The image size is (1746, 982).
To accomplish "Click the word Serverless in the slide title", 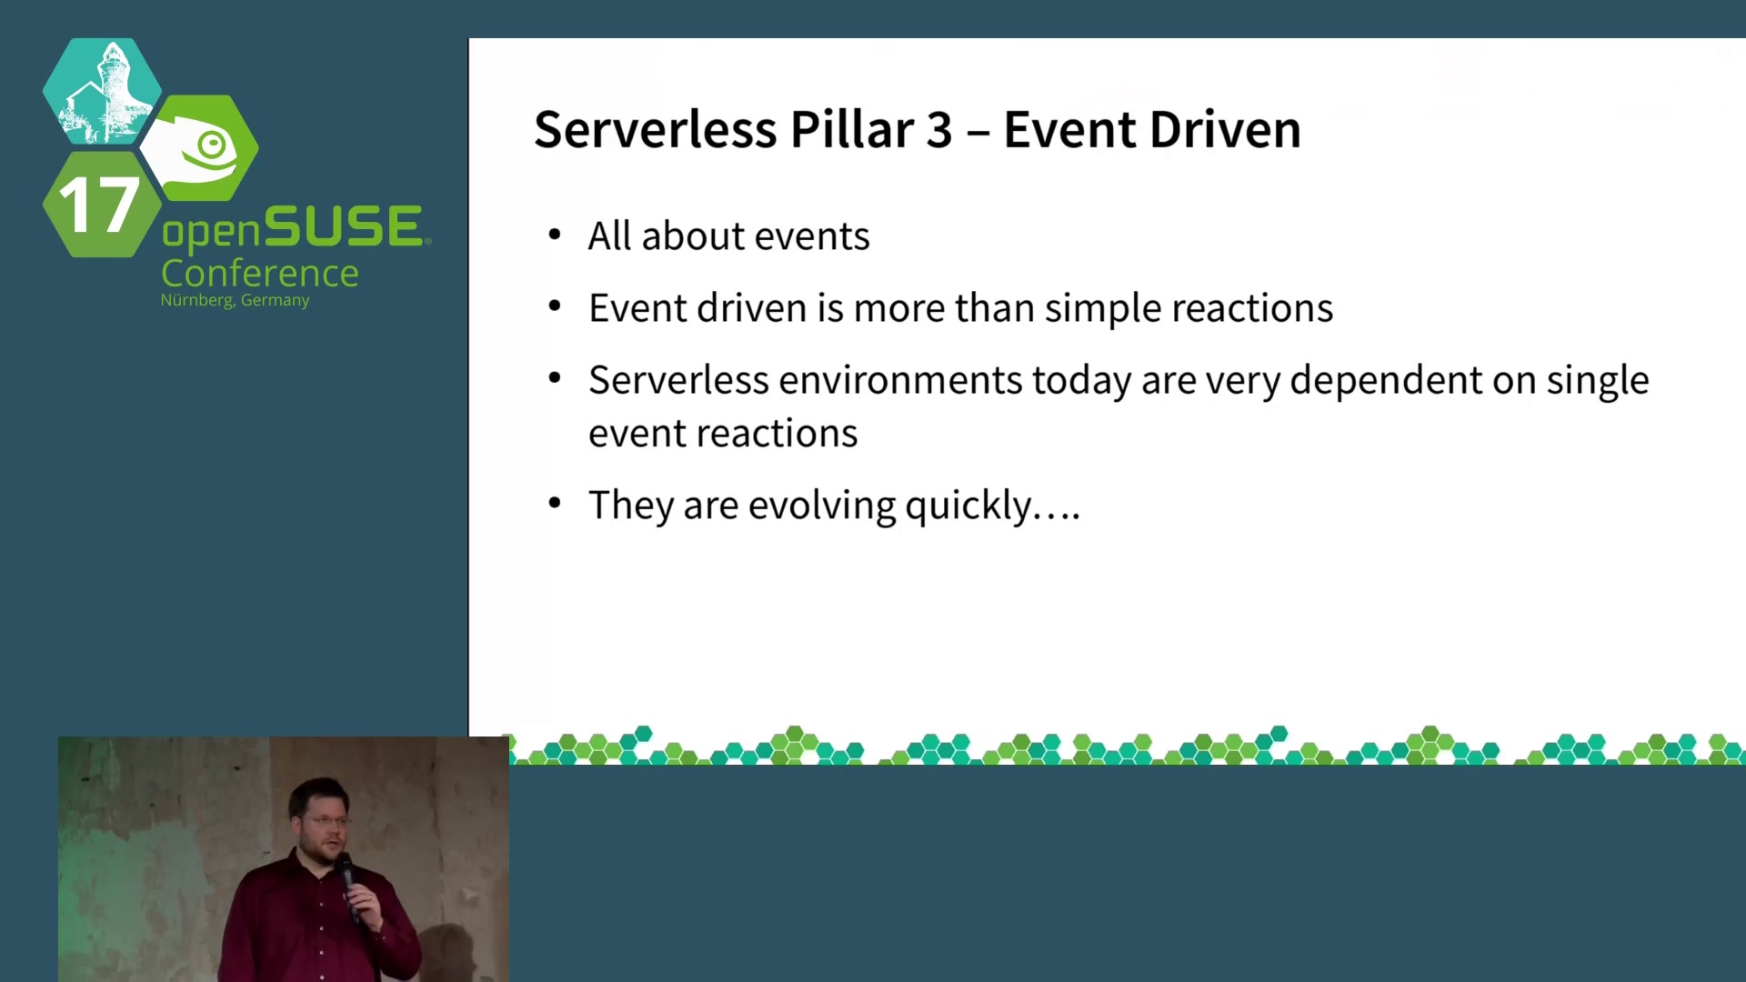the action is [655, 129].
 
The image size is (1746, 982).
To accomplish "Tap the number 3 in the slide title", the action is [939, 130].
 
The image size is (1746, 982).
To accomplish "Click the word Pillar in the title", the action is [851, 129].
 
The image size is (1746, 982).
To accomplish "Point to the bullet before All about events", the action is [555, 235].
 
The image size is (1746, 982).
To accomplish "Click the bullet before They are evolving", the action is [555, 504].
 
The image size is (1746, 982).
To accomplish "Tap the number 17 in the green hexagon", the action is [98, 204].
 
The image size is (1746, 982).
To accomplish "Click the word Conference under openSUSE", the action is [260, 273].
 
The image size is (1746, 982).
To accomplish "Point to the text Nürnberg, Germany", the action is [235, 300].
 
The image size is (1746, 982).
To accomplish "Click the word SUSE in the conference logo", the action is [343, 225].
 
